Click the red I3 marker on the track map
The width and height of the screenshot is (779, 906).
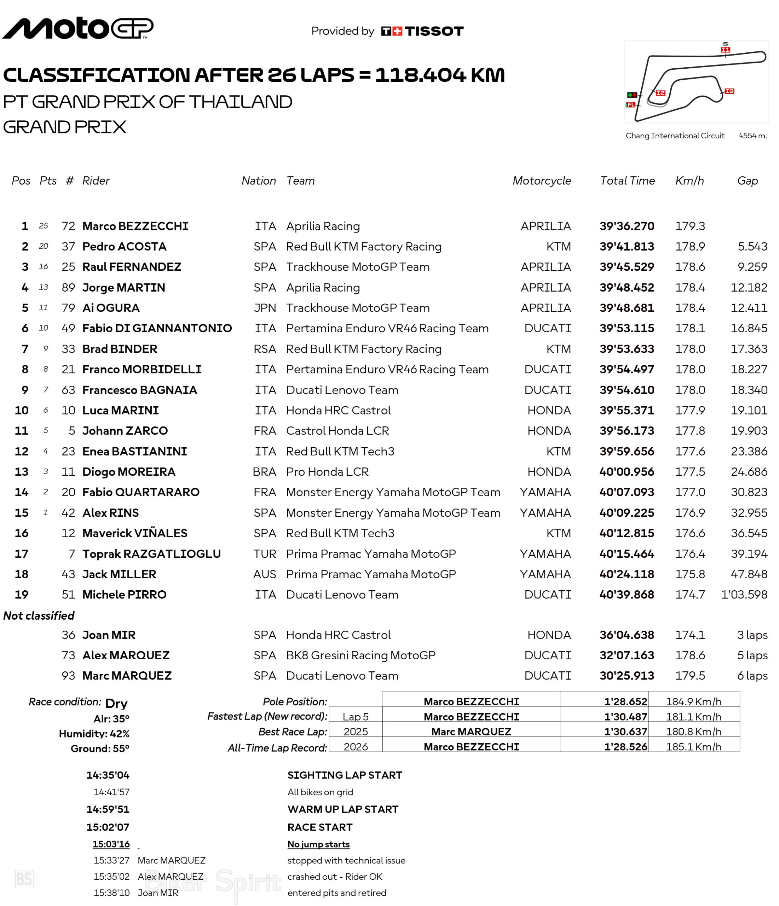click(729, 91)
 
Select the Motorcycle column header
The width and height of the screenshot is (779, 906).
click(541, 180)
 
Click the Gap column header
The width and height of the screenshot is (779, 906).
click(747, 180)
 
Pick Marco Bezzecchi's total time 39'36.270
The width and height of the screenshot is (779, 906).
click(627, 226)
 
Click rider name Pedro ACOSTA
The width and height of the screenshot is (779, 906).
click(124, 247)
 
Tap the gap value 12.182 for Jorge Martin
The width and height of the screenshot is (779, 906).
click(749, 287)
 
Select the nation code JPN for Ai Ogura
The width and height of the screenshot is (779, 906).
click(265, 308)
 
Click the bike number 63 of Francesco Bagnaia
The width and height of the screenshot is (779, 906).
click(68, 390)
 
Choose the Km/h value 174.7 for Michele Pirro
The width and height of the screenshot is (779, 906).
click(690, 594)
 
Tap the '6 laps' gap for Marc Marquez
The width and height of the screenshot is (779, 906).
click(752, 676)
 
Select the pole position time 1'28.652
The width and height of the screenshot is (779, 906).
click(625, 701)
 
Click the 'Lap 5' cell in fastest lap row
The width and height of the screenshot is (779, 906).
click(356, 717)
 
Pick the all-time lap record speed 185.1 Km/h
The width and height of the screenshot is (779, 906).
click(693, 747)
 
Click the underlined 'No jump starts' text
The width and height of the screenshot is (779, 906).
click(318, 844)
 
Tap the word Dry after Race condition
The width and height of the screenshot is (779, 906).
click(116, 703)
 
